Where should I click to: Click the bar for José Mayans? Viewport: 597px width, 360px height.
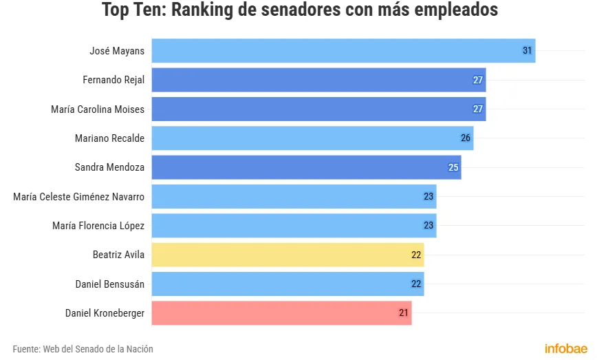(343, 51)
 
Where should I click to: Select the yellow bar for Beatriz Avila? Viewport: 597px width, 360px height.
(287, 255)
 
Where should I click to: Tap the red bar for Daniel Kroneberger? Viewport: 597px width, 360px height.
(281, 313)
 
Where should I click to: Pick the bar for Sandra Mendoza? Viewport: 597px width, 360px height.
(306, 167)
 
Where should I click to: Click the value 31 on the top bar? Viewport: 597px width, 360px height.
(528, 51)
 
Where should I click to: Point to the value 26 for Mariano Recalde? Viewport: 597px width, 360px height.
(466, 138)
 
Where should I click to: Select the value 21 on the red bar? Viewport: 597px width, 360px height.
(404, 313)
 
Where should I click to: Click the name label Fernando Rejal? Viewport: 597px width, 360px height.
(113, 80)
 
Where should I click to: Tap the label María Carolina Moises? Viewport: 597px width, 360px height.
(98, 109)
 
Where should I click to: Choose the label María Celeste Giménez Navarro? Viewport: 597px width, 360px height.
(79, 197)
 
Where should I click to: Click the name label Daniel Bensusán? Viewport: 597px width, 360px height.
(110, 284)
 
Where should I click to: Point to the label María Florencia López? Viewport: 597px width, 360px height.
(98, 226)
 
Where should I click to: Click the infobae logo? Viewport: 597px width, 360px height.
(566, 348)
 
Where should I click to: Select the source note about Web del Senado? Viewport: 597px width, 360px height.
(83, 349)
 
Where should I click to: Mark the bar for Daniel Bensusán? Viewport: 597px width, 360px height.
(287, 284)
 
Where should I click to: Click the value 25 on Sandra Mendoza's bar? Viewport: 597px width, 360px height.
(453, 167)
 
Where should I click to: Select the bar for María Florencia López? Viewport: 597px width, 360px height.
(294, 226)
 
